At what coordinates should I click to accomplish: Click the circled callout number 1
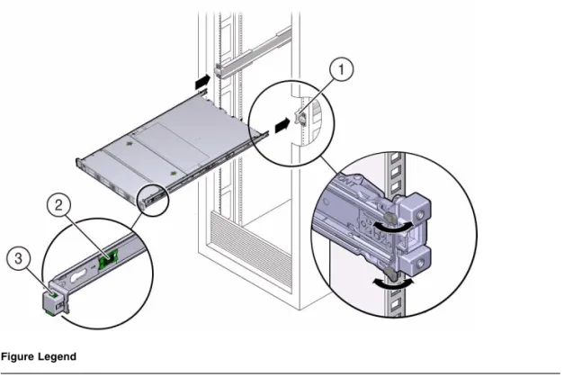(341, 68)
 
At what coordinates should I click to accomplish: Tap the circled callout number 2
(58, 205)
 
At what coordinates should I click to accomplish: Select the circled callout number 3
(18, 258)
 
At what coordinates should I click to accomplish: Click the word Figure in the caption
(18, 357)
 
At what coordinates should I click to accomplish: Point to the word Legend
(58, 357)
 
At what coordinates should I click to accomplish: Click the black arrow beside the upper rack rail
(202, 82)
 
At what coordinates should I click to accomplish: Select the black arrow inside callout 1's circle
(282, 125)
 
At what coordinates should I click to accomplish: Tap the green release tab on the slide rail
(109, 258)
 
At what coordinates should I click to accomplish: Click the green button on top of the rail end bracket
(52, 294)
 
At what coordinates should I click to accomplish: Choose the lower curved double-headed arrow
(393, 283)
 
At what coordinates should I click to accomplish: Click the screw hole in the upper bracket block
(419, 215)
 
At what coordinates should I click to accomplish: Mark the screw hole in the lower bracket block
(419, 265)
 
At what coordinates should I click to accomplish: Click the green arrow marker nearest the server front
(174, 174)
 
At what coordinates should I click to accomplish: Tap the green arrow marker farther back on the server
(129, 144)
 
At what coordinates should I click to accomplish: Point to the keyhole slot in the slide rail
(80, 276)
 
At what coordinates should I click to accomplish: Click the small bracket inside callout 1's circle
(300, 117)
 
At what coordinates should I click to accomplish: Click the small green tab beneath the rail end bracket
(50, 313)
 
